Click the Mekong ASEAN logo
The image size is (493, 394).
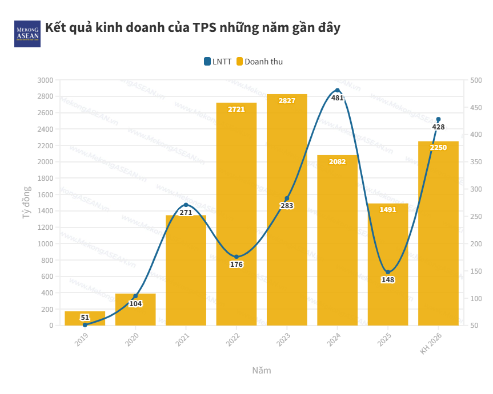(x=27, y=34)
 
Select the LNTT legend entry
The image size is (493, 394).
(x=218, y=62)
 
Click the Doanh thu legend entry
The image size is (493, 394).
(x=259, y=62)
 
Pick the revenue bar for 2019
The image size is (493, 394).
(x=85, y=319)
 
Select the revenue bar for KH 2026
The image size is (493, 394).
(x=438, y=239)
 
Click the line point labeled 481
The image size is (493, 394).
(x=338, y=91)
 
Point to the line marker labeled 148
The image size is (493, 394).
(x=388, y=272)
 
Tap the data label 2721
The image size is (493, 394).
(x=236, y=109)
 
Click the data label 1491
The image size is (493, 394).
(x=388, y=210)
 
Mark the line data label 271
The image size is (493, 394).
(x=186, y=213)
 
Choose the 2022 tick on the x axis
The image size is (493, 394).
(x=233, y=340)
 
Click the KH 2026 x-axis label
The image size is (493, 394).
(x=431, y=344)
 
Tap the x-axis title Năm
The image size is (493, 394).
(x=262, y=370)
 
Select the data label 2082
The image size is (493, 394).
(x=337, y=161)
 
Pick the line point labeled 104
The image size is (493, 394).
(x=135, y=296)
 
